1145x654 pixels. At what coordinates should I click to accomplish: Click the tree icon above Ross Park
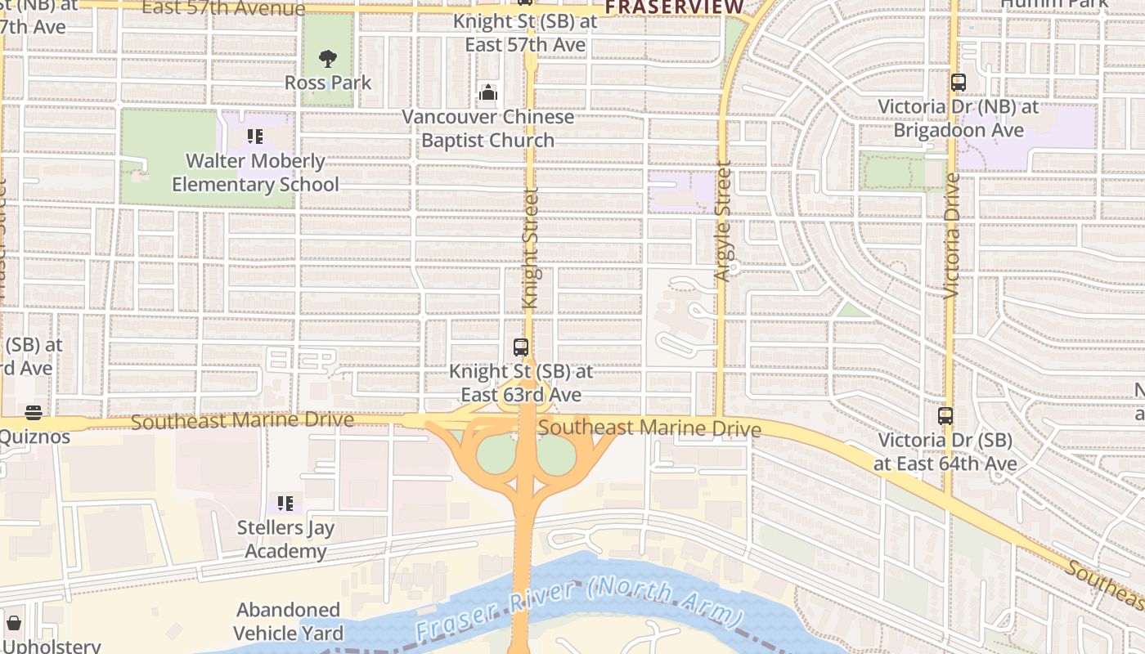tap(328, 59)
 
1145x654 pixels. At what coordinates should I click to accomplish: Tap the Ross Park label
tap(328, 83)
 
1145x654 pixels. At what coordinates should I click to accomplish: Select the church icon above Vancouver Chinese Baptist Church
tap(488, 93)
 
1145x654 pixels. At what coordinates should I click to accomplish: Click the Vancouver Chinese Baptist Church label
tap(488, 128)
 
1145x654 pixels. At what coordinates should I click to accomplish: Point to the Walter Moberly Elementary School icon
tap(255, 137)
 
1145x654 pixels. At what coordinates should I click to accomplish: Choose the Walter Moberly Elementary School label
tap(255, 172)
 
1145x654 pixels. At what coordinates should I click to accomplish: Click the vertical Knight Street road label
tap(530, 249)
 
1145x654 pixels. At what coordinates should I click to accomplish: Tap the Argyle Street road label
tap(722, 222)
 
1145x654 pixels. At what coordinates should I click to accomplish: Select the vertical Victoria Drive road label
tap(951, 235)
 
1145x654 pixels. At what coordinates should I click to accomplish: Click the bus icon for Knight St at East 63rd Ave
tap(521, 347)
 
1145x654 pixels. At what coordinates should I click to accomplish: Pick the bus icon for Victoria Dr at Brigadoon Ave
tap(958, 83)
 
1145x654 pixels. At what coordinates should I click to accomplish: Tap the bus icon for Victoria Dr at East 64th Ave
tap(945, 416)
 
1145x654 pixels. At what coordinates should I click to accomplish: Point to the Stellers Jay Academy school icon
tap(285, 503)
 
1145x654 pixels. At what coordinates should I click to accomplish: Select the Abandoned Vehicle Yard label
tap(288, 621)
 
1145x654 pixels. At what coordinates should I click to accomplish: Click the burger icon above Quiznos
tap(34, 412)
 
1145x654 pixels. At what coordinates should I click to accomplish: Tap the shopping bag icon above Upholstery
tap(14, 623)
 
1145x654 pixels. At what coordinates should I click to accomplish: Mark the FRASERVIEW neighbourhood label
tap(675, 7)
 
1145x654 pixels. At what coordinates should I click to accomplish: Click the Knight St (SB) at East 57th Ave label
tap(526, 33)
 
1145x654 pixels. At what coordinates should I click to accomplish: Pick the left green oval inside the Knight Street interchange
tap(496, 455)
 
